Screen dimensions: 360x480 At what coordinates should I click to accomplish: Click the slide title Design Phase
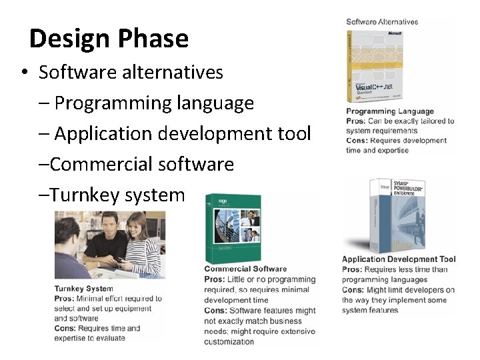click(x=109, y=39)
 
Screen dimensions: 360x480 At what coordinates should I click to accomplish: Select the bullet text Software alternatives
click(x=131, y=72)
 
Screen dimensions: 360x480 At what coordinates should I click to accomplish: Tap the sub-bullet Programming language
click(x=154, y=103)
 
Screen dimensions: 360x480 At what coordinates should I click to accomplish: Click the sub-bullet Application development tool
click(x=182, y=134)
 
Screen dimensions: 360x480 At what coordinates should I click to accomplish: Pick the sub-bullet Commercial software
click(x=142, y=164)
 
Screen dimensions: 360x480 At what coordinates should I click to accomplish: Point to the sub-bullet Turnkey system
click(x=117, y=195)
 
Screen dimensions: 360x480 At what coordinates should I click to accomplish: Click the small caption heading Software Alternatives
click(x=382, y=22)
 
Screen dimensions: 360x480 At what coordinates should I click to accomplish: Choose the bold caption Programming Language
click(x=390, y=111)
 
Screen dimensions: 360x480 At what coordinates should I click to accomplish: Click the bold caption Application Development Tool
click(x=399, y=259)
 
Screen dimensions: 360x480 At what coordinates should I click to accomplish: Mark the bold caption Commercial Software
click(x=245, y=269)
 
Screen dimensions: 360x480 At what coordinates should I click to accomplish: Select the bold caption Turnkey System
click(x=84, y=289)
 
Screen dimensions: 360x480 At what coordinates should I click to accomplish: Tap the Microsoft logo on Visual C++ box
click(x=394, y=32)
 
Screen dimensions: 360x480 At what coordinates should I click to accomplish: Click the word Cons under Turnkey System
click(x=65, y=328)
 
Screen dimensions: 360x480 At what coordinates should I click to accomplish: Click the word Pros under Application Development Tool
click(x=353, y=269)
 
